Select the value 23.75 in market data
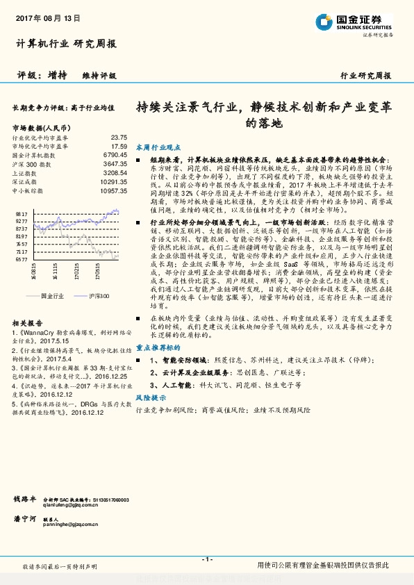click(119, 138)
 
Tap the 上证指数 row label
click(24, 172)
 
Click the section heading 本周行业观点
click(158, 147)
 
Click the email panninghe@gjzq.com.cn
click(77, 525)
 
